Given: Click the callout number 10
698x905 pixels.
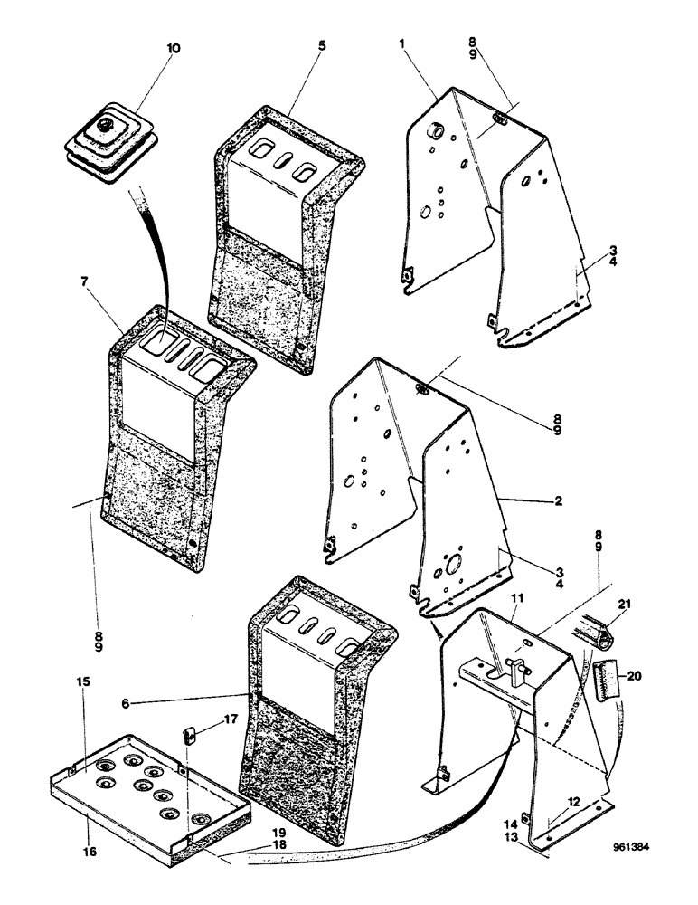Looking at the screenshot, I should coord(173,47).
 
